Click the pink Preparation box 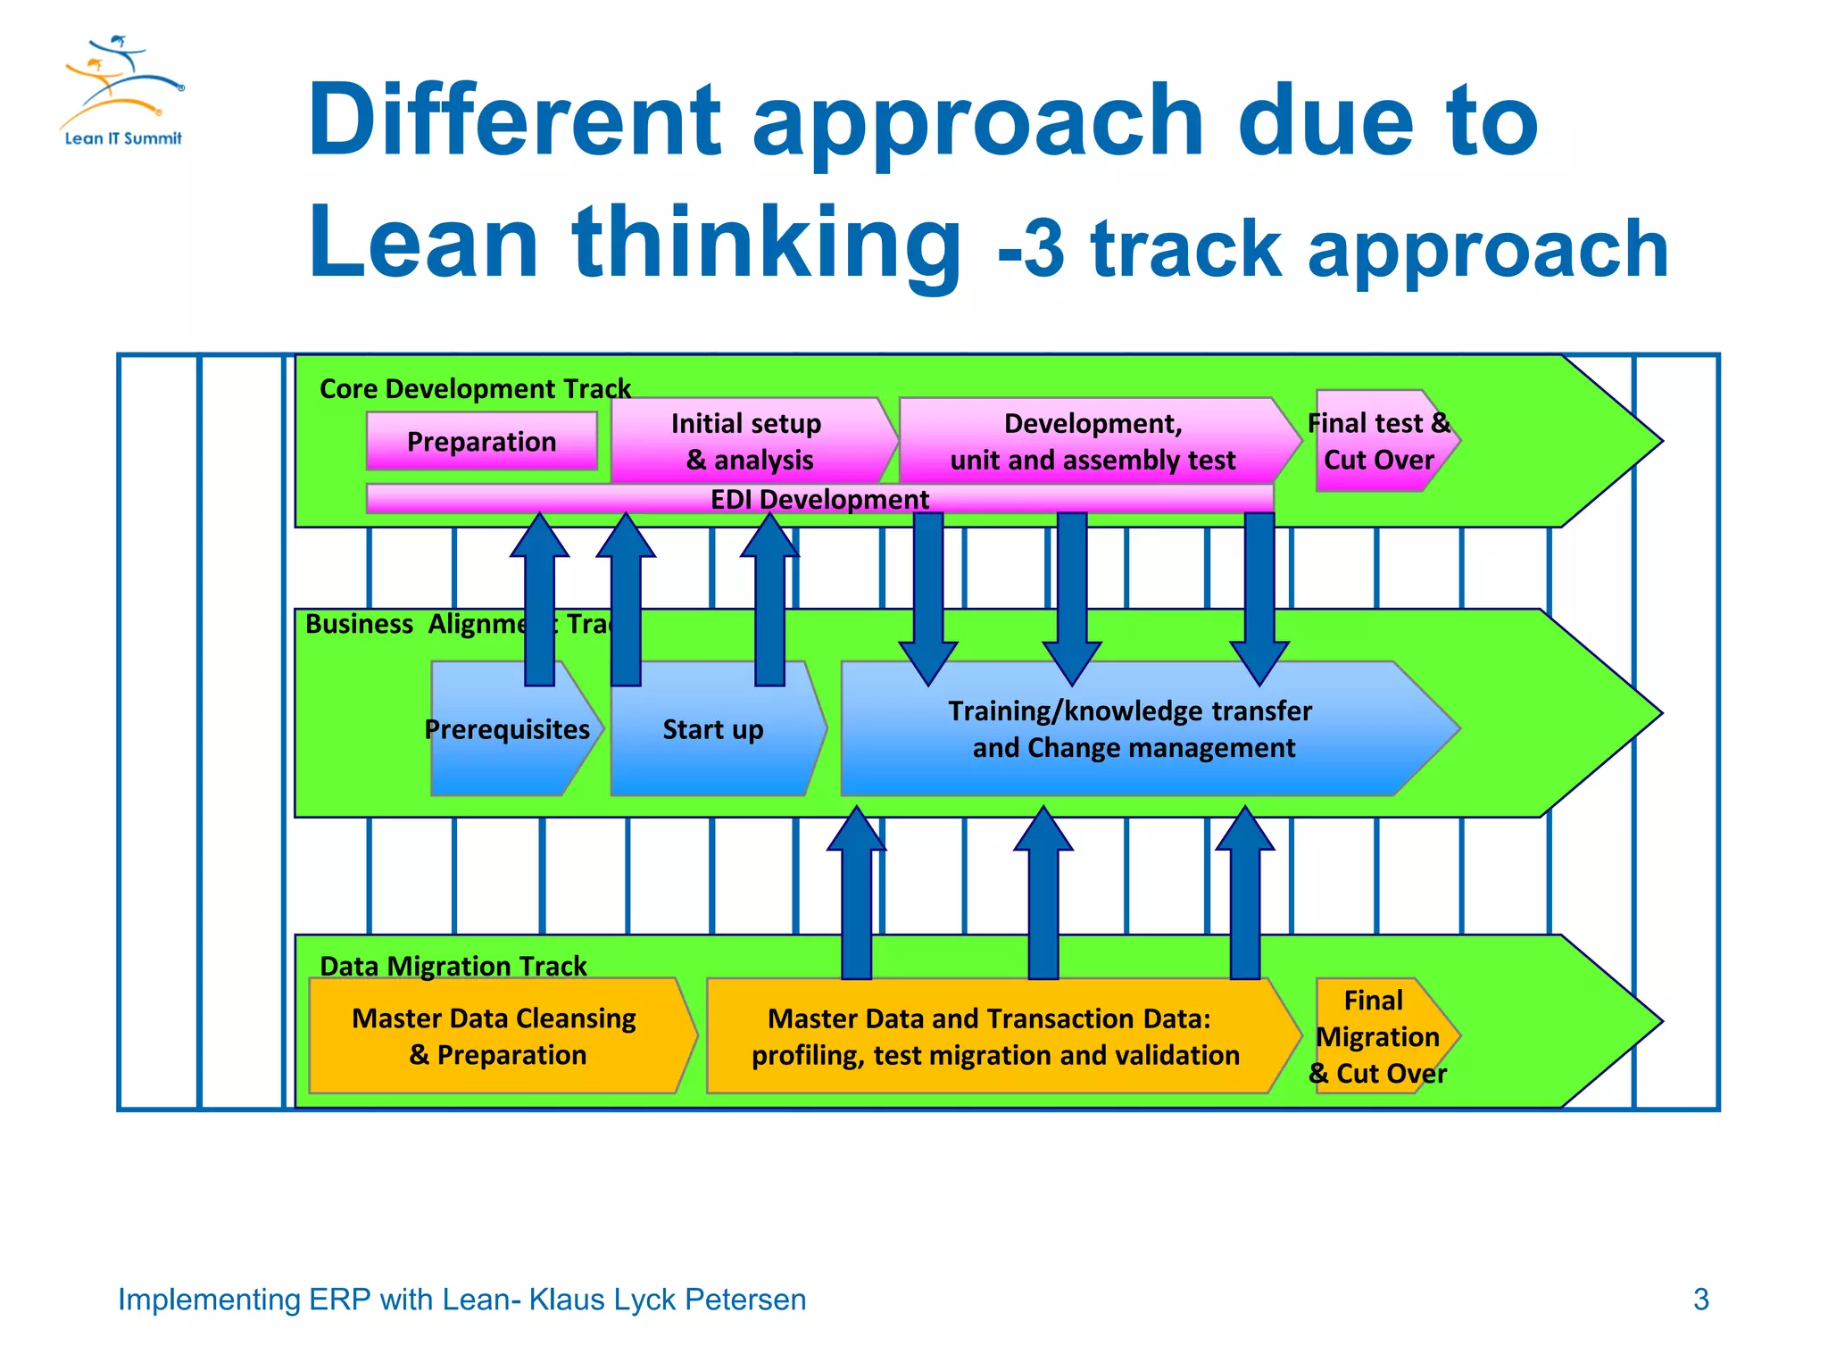481,441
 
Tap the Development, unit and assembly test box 1093,441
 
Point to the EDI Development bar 818,499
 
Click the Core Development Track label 475,389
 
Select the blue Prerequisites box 507,729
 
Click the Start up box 712,729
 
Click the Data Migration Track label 453,966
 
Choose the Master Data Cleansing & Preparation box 494,1036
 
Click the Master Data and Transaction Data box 994,1036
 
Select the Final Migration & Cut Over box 1377,1036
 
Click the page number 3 1700,1300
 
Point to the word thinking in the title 767,243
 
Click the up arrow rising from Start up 769,598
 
